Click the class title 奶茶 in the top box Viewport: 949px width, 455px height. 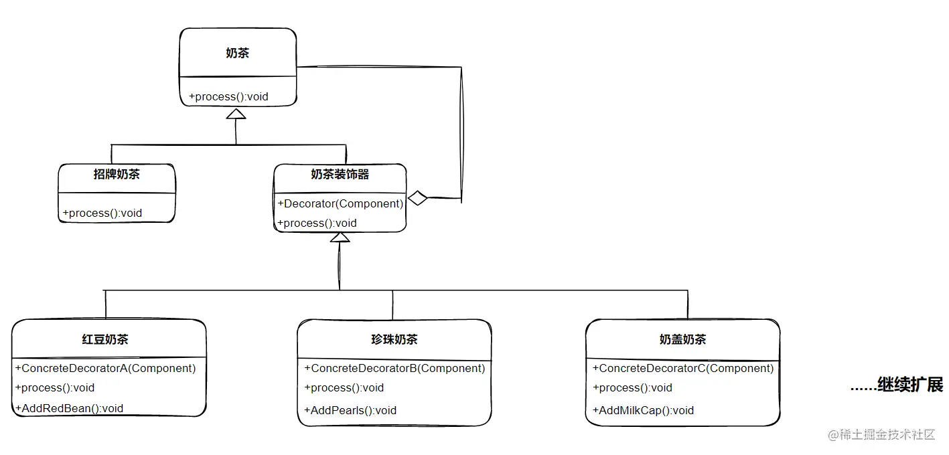[237, 53]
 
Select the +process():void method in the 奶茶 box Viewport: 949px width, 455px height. [228, 96]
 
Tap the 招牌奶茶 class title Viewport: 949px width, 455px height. [117, 175]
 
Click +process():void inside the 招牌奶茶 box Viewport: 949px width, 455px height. [102, 213]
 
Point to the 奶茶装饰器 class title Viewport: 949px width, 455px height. [340, 175]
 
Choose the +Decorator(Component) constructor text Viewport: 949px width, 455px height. [340, 203]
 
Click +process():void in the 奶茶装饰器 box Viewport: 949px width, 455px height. [317, 223]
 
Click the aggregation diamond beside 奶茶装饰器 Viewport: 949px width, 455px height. [418, 198]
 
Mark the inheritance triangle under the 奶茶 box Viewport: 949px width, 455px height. [236, 114]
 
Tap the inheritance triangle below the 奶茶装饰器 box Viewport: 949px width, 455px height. [340, 238]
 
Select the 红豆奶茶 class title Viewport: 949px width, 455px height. [105, 339]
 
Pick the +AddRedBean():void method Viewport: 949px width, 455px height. [69, 408]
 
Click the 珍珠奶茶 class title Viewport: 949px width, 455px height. [394, 339]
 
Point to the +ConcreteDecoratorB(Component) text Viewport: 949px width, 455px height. [394, 368]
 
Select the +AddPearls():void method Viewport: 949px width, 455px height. [350, 410]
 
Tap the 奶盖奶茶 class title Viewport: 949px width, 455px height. [682, 339]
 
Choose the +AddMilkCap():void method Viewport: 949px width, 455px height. [643, 410]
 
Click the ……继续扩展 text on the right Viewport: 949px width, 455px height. [896, 385]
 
